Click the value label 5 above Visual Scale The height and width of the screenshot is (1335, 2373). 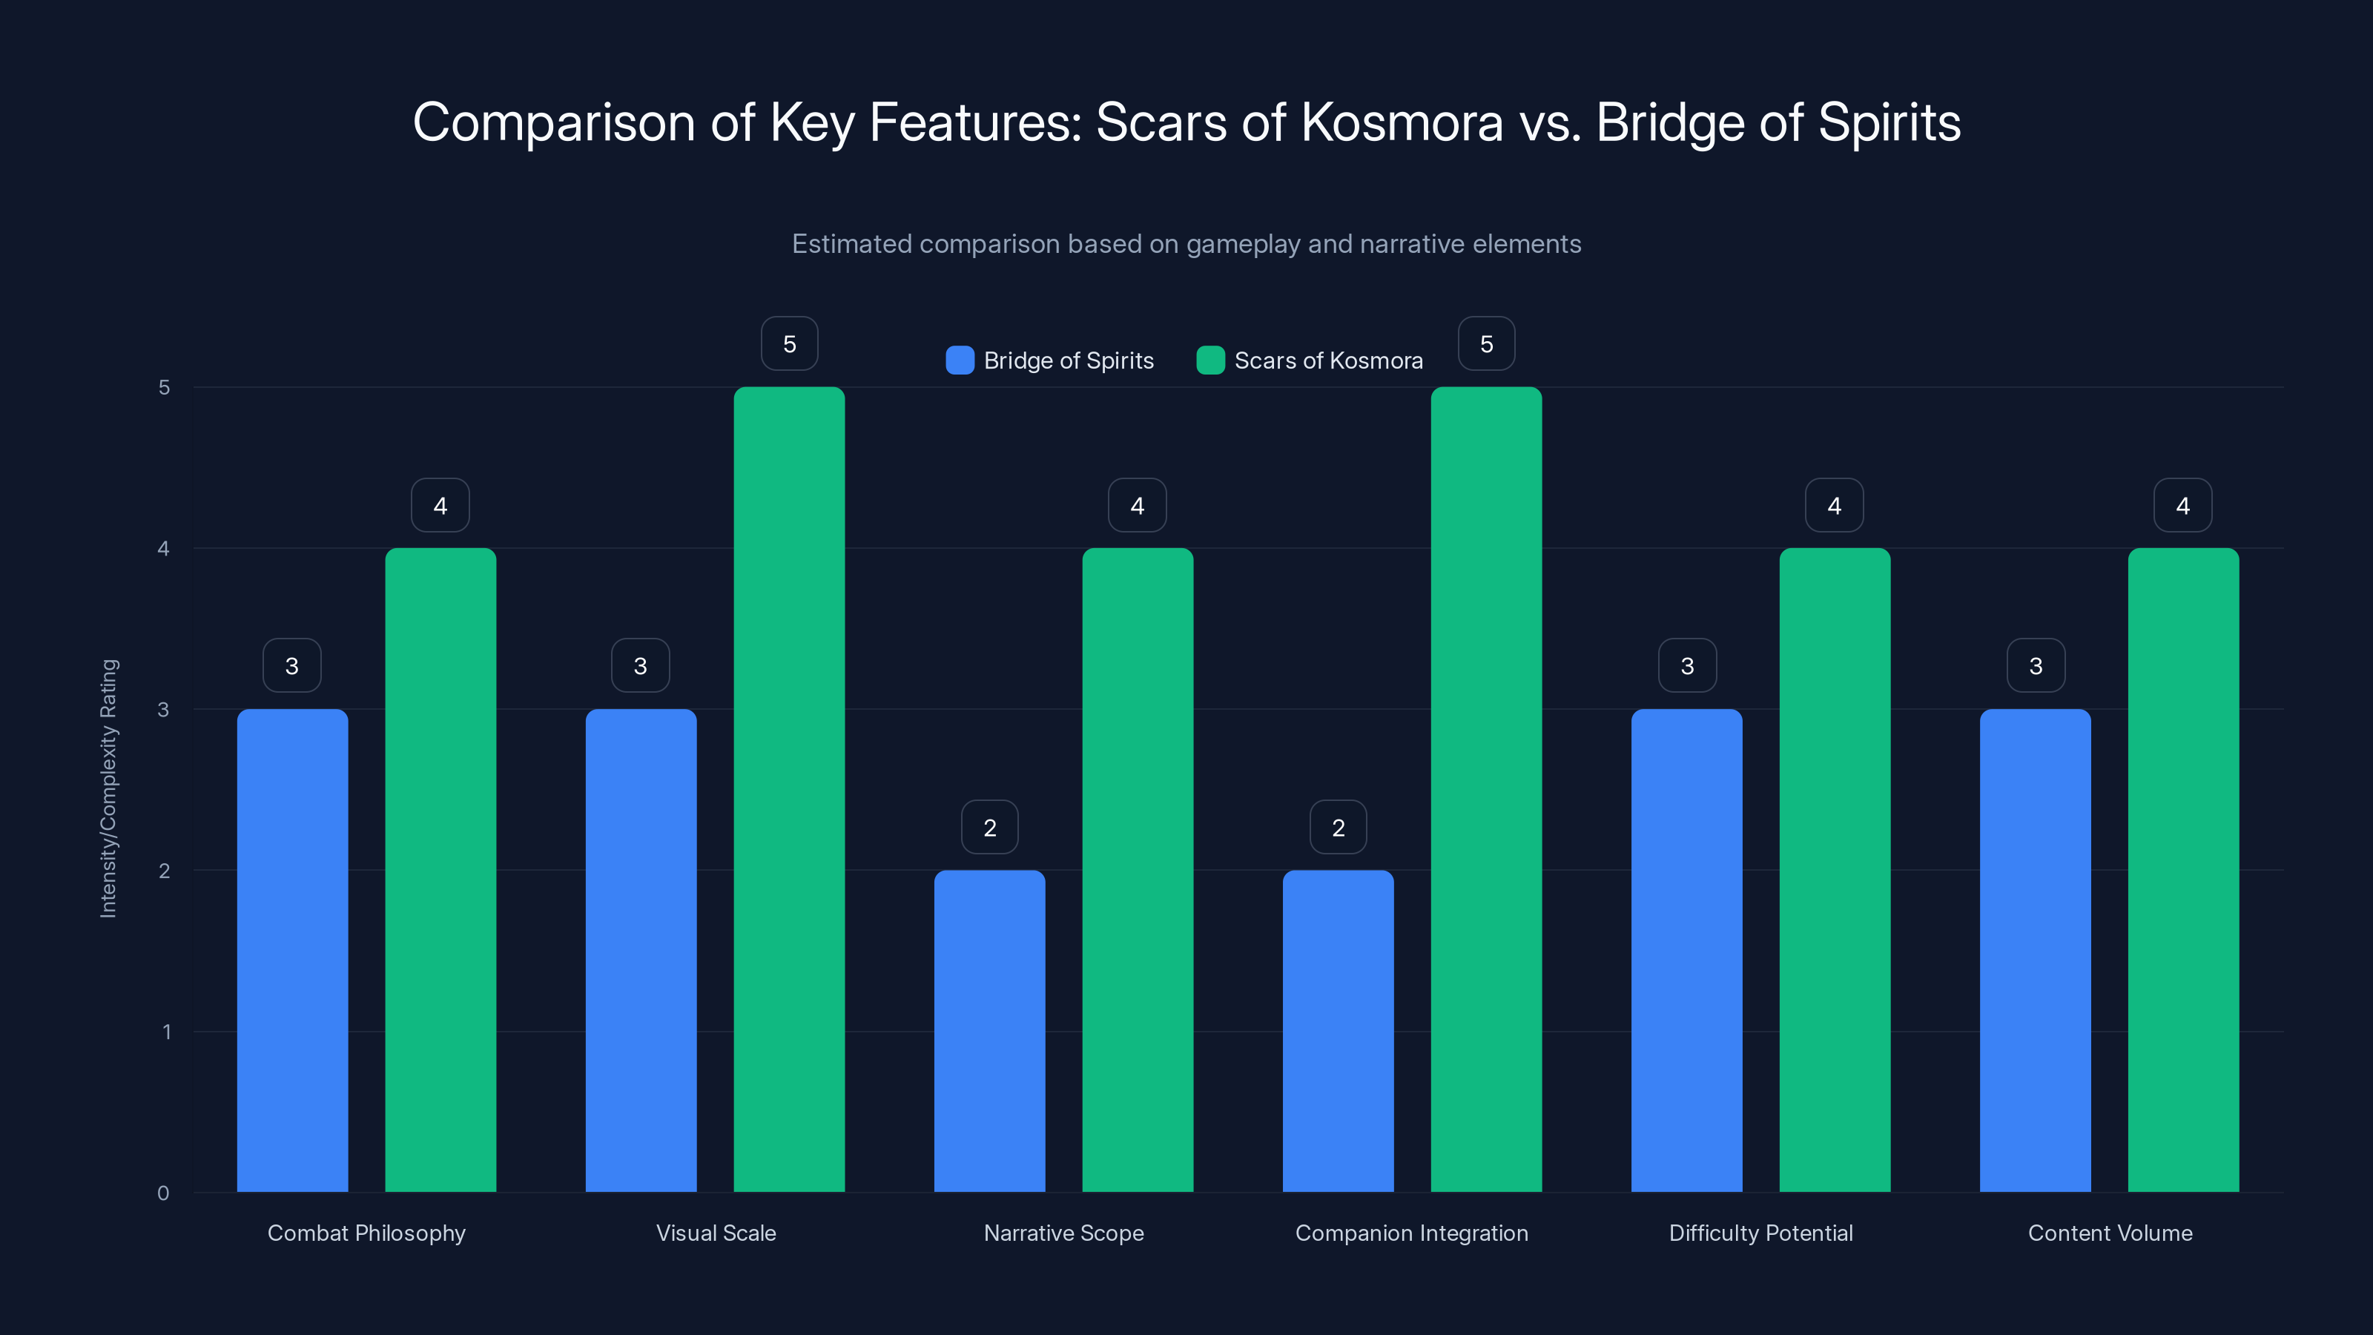(790, 343)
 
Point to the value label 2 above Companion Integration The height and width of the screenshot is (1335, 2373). (1339, 828)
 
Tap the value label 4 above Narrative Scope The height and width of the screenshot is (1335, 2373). (1138, 505)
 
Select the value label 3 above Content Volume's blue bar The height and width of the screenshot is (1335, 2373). (2036, 665)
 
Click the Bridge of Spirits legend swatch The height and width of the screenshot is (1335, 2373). (960, 360)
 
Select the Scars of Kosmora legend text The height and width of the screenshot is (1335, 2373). (1328, 360)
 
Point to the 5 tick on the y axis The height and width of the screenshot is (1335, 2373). (164, 387)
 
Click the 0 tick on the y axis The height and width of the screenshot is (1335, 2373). (163, 1193)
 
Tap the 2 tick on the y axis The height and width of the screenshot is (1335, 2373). (164, 871)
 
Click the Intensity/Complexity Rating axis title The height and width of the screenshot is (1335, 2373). (109, 788)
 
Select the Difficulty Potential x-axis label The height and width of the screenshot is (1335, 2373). (1760, 1233)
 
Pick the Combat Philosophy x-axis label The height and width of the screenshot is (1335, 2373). (366, 1233)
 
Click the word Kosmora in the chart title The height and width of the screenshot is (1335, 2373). (1402, 122)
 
